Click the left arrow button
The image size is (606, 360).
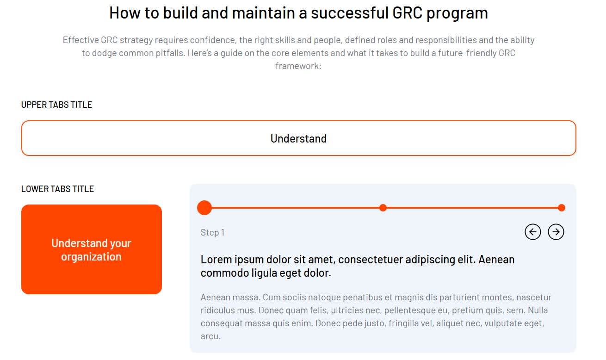coord(533,232)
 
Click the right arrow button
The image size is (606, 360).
coord(556,232)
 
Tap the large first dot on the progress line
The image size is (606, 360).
coord(204,208)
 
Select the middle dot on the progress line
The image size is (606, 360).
coord(383,208)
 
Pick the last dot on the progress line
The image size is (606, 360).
coord(562,208)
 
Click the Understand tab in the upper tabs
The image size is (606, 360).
coord(299,138)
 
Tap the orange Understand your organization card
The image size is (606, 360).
coord(92,249)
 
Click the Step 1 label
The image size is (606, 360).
coord(212,232)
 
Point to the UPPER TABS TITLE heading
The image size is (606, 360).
coord(56,105)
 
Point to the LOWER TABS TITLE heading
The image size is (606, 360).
coord(57,189)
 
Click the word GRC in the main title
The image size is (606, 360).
coord(407,12)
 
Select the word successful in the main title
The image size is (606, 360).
coord(350,12)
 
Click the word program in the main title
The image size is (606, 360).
coord(457,13)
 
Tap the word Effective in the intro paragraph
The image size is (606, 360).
coord(80,40)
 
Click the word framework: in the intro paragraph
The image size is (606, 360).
coord(298,66)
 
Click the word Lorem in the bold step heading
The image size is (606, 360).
coord(216,260)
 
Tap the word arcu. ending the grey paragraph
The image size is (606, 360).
coord(210,336)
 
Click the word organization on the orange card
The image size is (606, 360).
coord(91,257)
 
